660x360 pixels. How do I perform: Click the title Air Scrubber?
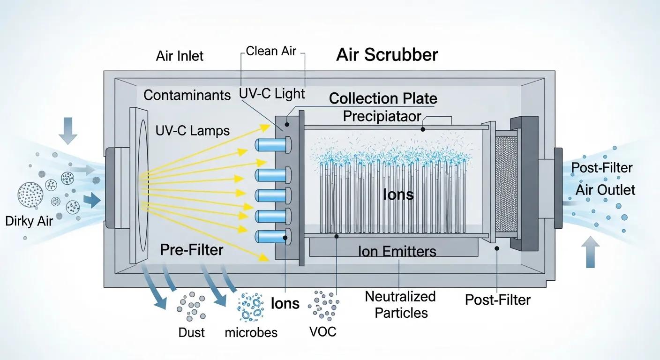tap(387, 55)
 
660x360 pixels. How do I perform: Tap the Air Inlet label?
tap(180, 56)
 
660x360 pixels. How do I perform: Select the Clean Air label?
tap(271, 51)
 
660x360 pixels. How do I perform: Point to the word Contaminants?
tap(187, 95)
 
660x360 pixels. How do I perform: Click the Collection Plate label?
tap(383, 98)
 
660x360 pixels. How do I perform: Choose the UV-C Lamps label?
tap(192, 130)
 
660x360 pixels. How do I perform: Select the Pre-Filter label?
tap(191, 249)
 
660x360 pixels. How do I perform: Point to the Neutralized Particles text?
tap(400, 305)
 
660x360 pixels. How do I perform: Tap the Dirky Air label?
tap(29, 221)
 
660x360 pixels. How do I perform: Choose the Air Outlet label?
tap(605, 190)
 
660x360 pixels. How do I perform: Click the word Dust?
tap(192, 333)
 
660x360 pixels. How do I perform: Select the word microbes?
tap(251, 333)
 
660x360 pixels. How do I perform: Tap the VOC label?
tap(323, 331)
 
